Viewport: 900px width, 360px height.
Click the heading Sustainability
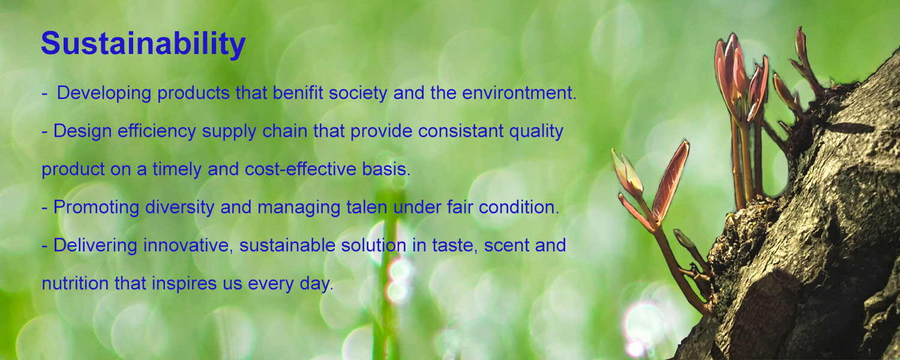(x=143, y=44)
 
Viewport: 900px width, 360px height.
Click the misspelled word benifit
(x=298, y=93)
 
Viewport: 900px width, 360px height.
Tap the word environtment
(x=519, y=93)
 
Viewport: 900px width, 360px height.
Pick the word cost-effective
(x=300, y=169)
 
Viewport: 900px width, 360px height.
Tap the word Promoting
(x=96, y=208)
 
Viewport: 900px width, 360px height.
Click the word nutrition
(x=75, y=284)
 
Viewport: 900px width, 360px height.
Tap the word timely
(x=177, y=170)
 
